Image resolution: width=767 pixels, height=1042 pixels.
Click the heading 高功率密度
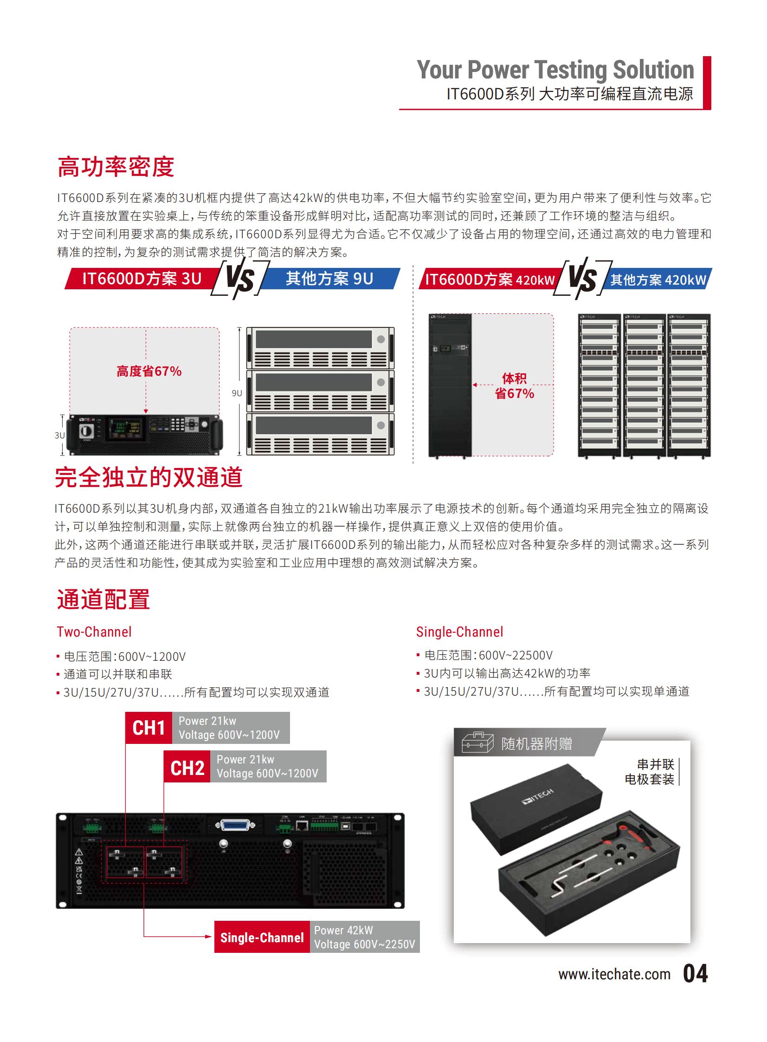click(116, 167)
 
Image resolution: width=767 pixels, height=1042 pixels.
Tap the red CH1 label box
click(148, 728)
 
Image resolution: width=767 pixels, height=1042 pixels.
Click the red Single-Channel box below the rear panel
click(262, 937)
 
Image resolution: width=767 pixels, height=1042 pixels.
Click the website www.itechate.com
click(614, 974)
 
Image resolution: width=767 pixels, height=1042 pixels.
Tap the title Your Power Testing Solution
click(555, 70)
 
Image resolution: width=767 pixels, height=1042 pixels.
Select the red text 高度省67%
click(148, 371)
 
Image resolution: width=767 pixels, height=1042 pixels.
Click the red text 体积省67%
click(515, 386)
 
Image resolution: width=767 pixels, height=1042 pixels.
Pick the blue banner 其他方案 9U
click(329, 278)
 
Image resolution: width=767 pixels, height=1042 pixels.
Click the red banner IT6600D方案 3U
click(142, 278)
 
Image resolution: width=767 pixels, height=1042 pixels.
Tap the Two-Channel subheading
click(94, 632)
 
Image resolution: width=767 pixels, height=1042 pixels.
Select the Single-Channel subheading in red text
click(460, 632)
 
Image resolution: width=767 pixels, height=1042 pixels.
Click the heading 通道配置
click(103, 599)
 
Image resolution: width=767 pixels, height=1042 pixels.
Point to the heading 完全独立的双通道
click(148, 477)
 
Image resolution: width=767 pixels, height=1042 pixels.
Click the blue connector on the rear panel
click(235, 826)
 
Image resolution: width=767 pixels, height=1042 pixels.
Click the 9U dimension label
click(237, 393)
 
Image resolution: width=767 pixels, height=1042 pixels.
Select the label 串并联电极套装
click(650, 772)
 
